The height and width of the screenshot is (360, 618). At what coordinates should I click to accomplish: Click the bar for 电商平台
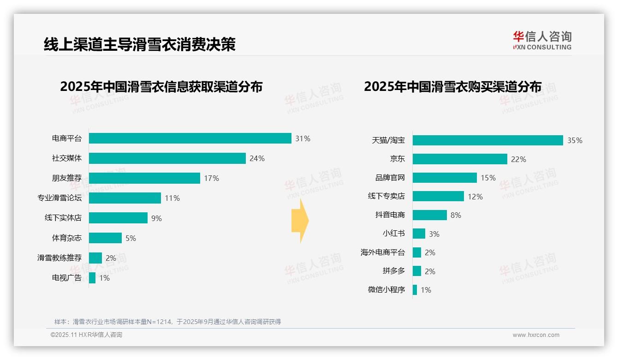coord(190,138)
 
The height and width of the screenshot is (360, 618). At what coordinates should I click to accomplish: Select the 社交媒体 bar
coord(167,158)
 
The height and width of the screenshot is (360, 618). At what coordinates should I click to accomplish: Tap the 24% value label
coord(257,159)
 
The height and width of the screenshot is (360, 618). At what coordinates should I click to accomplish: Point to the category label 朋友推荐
coord(66,178)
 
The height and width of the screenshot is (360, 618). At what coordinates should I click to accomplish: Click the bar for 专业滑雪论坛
coord(125,198)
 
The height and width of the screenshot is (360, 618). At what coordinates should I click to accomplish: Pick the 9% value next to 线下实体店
coord(156,218)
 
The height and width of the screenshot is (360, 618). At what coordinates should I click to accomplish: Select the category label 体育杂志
coord(66,238)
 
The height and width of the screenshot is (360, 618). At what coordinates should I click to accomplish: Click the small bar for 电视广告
coord(92,278)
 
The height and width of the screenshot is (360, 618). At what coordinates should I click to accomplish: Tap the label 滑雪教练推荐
coord(59,258)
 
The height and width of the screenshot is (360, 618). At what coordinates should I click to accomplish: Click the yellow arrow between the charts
coord(300,221)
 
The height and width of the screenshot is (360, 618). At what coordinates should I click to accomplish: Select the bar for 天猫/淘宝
coord(487,140)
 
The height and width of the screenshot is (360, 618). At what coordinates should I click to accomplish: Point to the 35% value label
coord(575,141)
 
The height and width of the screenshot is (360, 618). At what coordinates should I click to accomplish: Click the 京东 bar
coord(460,159)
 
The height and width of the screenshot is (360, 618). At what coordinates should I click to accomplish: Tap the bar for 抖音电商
coord(429,215)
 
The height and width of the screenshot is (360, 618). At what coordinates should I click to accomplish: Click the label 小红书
coord(393,234)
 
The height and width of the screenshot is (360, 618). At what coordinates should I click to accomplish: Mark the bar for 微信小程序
coord(415,290)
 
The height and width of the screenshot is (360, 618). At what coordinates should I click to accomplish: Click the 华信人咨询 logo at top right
coord(542,40)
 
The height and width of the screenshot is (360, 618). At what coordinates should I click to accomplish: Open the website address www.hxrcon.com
coord(536,335)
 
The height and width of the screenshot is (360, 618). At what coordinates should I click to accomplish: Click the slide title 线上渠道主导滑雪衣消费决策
coord(139,44)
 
